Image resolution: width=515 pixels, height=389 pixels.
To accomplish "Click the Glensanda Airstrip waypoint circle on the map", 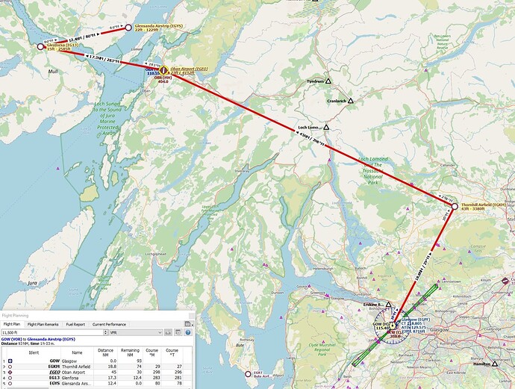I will (x=128, y=28).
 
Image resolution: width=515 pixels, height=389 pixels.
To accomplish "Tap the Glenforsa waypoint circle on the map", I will (x=41, y=46).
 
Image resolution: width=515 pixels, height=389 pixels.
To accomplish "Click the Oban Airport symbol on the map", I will (x=163, y=71).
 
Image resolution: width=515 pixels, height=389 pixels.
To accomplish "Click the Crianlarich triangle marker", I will (x=350, y=100).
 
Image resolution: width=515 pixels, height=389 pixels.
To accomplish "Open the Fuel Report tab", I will (x=75, y=324).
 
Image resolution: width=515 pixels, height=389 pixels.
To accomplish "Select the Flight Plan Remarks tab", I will (x=43, y=324).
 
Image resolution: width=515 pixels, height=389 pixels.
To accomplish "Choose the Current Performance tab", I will (x=109, y=324).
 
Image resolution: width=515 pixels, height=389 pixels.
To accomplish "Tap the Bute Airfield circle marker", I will (x=249, y=373).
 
